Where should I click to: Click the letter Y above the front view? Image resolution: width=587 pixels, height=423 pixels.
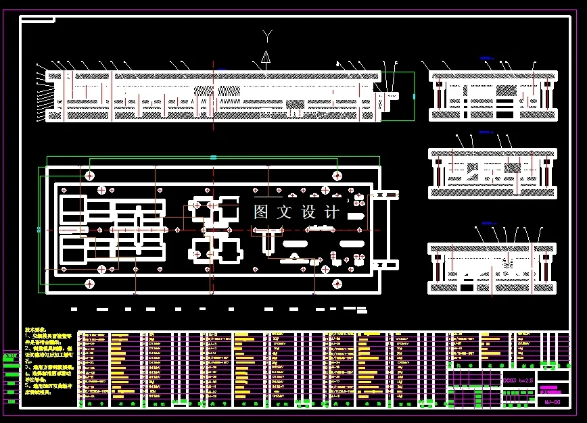[x=268, y=34]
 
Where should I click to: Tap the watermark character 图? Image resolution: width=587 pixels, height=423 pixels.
[x=261, y=211]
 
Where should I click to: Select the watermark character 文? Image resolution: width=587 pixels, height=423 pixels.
[x=284, y=211]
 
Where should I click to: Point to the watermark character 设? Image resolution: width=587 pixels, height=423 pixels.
[x=308, y=211]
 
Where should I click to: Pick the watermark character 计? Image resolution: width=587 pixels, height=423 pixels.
[x=332, y=211]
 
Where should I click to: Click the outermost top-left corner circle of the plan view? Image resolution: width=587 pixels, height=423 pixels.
[x=89, y=176]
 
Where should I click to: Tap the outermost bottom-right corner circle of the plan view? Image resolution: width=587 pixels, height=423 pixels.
[x=337, y=282]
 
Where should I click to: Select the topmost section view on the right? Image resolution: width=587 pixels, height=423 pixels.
[x=492, y=95]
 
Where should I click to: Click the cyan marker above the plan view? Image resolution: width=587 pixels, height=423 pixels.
[x=213, y=157]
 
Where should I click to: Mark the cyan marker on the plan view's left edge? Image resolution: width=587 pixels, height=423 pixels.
[x=39, y=230]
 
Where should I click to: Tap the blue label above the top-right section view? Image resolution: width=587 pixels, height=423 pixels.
[x=486, y=59]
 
